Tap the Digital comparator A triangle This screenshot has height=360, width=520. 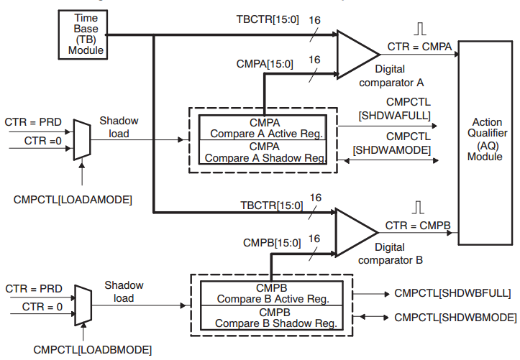(355, 53)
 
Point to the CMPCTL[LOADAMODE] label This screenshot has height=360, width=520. (73, 199)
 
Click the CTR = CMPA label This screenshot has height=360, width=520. (420, 47)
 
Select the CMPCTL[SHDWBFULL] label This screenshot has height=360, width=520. (452, 294)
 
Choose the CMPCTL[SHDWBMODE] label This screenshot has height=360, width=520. (455, 317)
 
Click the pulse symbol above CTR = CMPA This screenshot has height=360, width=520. (420, 30)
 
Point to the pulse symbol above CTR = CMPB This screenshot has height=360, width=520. (419, 208)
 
